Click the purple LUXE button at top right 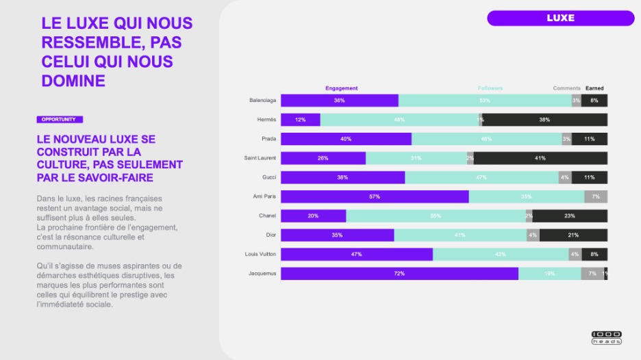pyautogui.click(x=560, y=18)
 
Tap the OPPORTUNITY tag pyautogui.click(x=58, y=119)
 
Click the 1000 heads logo pyautogui.click(x=606, y=337)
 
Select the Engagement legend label pyautogui.click(x=341, y=88)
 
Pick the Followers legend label pyautogui.click(x=490, y=88)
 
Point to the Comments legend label pyautogui.click(x=566, y=88)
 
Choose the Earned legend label pyautogui.click(x=594, y=88)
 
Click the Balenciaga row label pyautogui.click(x=262, y=101)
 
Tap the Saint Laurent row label pyautogui.click(x=260, y=158)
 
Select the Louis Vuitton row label pyautogui.click(x=260, y=254)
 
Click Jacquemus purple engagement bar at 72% pyautogui.click(x=399, y=274)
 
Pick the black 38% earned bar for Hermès pyautogui.click(x=544, y=120)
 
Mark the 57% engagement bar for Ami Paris pyautogui.click(x=375, y=196)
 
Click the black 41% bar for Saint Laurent pyautogui.click(x=540, y=158)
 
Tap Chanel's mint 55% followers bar pyautogui.click(x=436, y=216)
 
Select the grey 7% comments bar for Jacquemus pyautogui.click(x=592, y=274)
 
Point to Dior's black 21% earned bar pyautogui.click(x=573, y=235)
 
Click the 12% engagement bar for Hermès pyautogui.click(x=301, y=120)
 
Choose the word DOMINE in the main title pyautogui.click(x=73, y=81)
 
